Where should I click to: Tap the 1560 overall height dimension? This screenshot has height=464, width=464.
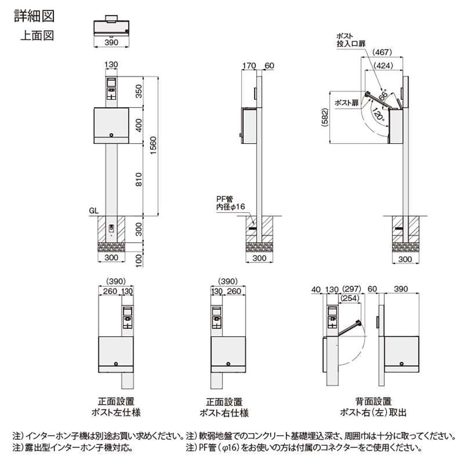click(x=154, y=146)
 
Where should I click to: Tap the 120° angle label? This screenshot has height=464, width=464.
click(x=378, y=115)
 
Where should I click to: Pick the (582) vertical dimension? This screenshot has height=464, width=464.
click(x=325, y=117)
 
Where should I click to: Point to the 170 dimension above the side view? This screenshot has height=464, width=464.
click(x=249, y=66)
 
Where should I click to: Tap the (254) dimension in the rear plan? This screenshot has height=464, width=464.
click(x=351, y=297)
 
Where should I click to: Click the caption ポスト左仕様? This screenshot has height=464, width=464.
click(x=116, y=413)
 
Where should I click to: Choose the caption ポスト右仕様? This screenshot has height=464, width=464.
click(x=224, y=413)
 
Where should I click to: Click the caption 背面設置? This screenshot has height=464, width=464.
click(x=373, y=402)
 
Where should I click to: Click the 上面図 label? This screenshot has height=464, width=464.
click(x=37, y=36)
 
